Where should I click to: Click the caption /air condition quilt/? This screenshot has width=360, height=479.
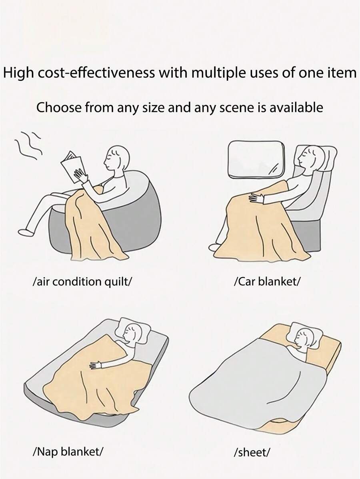(82, 281)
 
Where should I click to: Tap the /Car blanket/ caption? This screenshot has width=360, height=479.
(266, 281)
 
